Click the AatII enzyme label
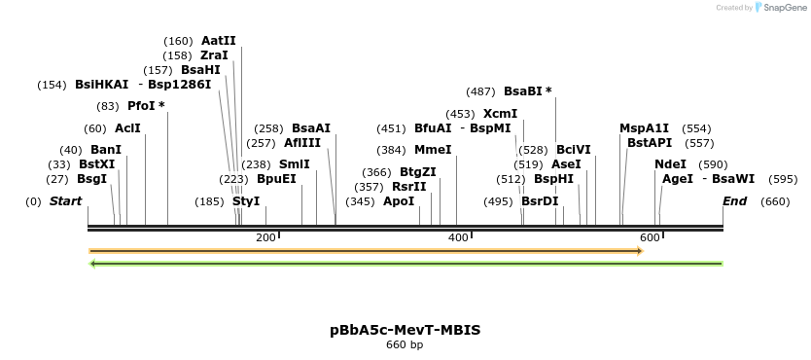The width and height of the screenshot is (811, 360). tap(219, 41)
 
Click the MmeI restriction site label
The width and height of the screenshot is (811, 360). tap(433, 150)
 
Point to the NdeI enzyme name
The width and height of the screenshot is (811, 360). tap(670, 164)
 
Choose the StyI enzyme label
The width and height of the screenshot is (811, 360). tap(246, 201)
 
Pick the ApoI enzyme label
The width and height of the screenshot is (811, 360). tap(399, 201)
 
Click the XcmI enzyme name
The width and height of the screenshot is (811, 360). tap(500, 114)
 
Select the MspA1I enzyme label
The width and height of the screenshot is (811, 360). tap(644, 128)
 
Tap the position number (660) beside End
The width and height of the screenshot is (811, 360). tap(775, 201)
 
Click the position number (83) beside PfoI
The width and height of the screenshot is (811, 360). tap(108, 106)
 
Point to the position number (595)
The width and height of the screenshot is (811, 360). tap(783, 179)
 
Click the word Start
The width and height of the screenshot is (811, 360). tap(65, 201)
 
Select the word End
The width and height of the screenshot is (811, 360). tap(734, 201)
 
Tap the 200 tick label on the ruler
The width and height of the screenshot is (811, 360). tap(265, 238)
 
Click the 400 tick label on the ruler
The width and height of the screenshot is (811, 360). tap(457, 238)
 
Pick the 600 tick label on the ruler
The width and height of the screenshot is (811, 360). tap(649, 238)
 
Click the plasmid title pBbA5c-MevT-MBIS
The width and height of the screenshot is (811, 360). tap(405, 330)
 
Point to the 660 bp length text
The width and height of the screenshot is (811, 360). tap(405, 344)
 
